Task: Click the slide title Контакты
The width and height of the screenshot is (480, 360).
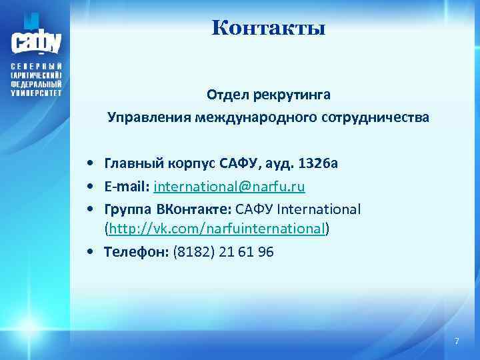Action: (268, 29)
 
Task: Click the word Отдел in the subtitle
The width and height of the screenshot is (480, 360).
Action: (227, 95)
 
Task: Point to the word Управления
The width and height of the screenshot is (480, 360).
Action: (149, 118)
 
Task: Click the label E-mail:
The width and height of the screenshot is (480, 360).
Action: (127, 186)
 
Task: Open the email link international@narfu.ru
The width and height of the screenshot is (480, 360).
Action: (229, 186)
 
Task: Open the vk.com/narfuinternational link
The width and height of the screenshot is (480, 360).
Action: (217, 229)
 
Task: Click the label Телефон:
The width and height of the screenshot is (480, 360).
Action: (137, 253)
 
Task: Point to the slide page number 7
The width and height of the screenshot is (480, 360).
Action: (457, 341)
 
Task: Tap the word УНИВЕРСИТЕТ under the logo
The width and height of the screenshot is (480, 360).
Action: (37, 94)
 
